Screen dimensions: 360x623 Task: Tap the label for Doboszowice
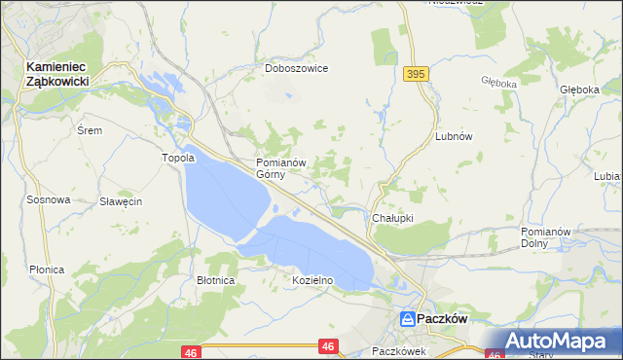(297, 69)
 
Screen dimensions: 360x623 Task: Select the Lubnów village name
(454, 137)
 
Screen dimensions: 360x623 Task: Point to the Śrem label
(90, 129)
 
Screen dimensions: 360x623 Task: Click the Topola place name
(178, 158)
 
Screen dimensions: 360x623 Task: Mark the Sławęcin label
(122, 201)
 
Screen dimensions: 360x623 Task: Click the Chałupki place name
(394, 218)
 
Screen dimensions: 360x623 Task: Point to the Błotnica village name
(215, 280)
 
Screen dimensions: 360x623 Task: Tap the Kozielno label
(313, 280)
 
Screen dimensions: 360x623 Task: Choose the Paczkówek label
(400, 351)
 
